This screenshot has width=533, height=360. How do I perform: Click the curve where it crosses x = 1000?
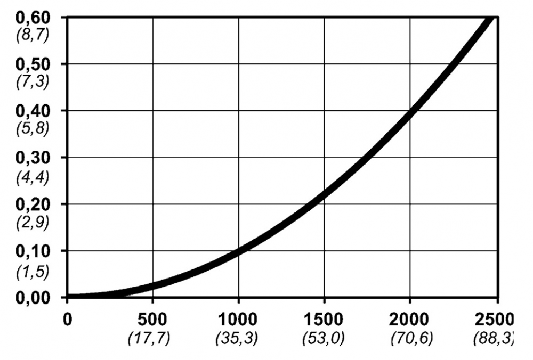(238, 251)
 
